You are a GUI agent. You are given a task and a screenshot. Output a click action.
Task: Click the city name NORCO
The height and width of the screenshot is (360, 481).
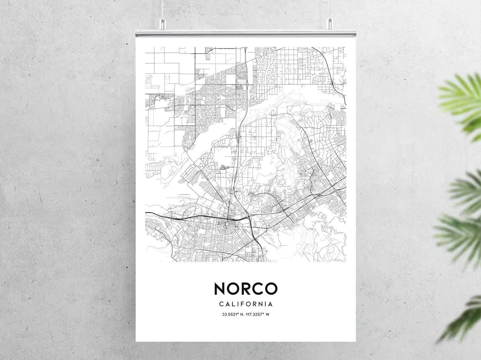click(x=245, y=289)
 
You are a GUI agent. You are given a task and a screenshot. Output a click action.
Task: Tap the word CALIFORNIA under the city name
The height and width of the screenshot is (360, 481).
click(x=245, y=304)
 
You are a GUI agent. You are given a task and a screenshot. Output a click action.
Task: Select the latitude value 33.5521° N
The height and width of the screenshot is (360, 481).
click(x=234, y=314)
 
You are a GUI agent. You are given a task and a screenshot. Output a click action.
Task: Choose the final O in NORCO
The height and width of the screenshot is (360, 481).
click(x=271, y=289)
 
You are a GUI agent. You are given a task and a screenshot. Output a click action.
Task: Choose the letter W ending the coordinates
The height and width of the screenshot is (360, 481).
click(x=268, y=314)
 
